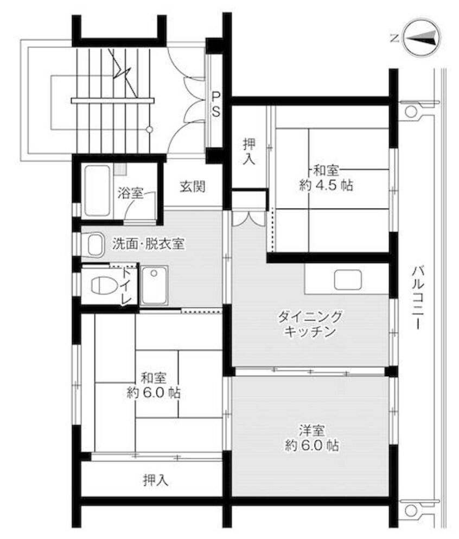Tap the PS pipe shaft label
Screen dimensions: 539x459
tap(215, 105)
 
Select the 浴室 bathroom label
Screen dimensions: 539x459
tap(130, 193)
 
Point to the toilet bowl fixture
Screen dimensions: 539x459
tap(101, 284)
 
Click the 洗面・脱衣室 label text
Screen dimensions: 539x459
tap(148, 244)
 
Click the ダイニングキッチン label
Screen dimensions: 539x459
tap(310, 324)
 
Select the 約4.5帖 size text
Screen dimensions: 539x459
tap(326, 185)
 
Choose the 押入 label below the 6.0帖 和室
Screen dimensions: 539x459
tap(156, 480)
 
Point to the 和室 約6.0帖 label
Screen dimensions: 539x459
tap(154, 385)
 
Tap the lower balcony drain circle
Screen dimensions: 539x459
tap(411, 510)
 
